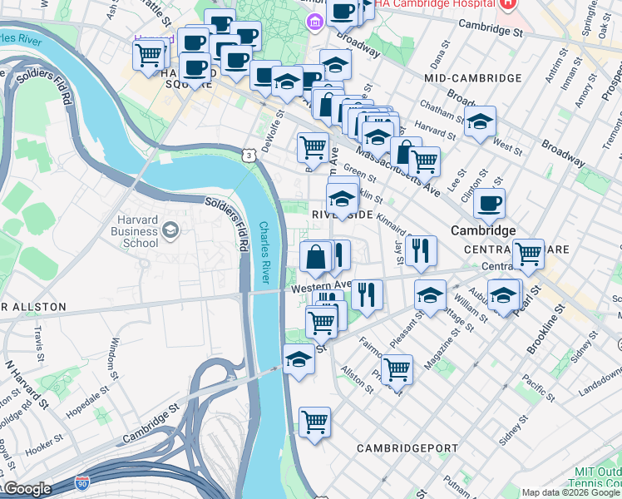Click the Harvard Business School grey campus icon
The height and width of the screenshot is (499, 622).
point(171,230)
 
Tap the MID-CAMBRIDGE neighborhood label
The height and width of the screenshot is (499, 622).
point(472,77)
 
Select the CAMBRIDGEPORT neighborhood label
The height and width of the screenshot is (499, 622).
point(407,448)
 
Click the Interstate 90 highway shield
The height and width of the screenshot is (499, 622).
point(81,482)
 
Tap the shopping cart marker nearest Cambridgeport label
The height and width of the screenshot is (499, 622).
point(314,422)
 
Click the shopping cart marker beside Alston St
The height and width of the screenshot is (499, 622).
point(397,368)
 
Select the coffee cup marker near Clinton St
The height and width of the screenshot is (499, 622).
point(489,202)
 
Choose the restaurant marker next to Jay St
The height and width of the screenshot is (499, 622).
point(422,249)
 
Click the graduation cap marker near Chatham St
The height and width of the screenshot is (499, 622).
point(480,121)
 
